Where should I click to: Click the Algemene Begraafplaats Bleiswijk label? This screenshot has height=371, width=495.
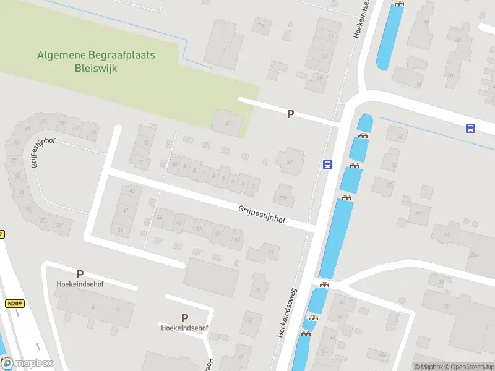coord(96,61)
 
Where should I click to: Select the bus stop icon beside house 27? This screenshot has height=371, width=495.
coord(327,164)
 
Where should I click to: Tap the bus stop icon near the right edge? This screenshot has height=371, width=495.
coord(470,128)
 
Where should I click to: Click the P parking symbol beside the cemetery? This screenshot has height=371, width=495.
coord(290,114)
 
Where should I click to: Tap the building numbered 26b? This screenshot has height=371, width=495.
coord(420,213)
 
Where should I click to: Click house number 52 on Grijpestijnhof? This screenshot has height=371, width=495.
coord(237,239)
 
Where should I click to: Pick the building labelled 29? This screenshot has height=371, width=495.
coord(270,252)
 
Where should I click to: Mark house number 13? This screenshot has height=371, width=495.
coord(146,143)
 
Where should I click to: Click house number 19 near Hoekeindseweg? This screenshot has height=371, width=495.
coord(319,79)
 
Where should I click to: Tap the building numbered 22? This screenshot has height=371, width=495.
coord(389,185)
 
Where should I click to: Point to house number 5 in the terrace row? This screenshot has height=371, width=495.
coord(223,179)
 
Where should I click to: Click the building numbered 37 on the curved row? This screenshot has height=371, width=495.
coord(59,224)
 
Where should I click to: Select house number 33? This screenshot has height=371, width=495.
coord(250,320)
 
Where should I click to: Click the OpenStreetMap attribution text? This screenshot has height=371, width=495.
coord(471,367)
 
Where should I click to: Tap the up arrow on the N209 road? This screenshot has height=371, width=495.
coord(38,346)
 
